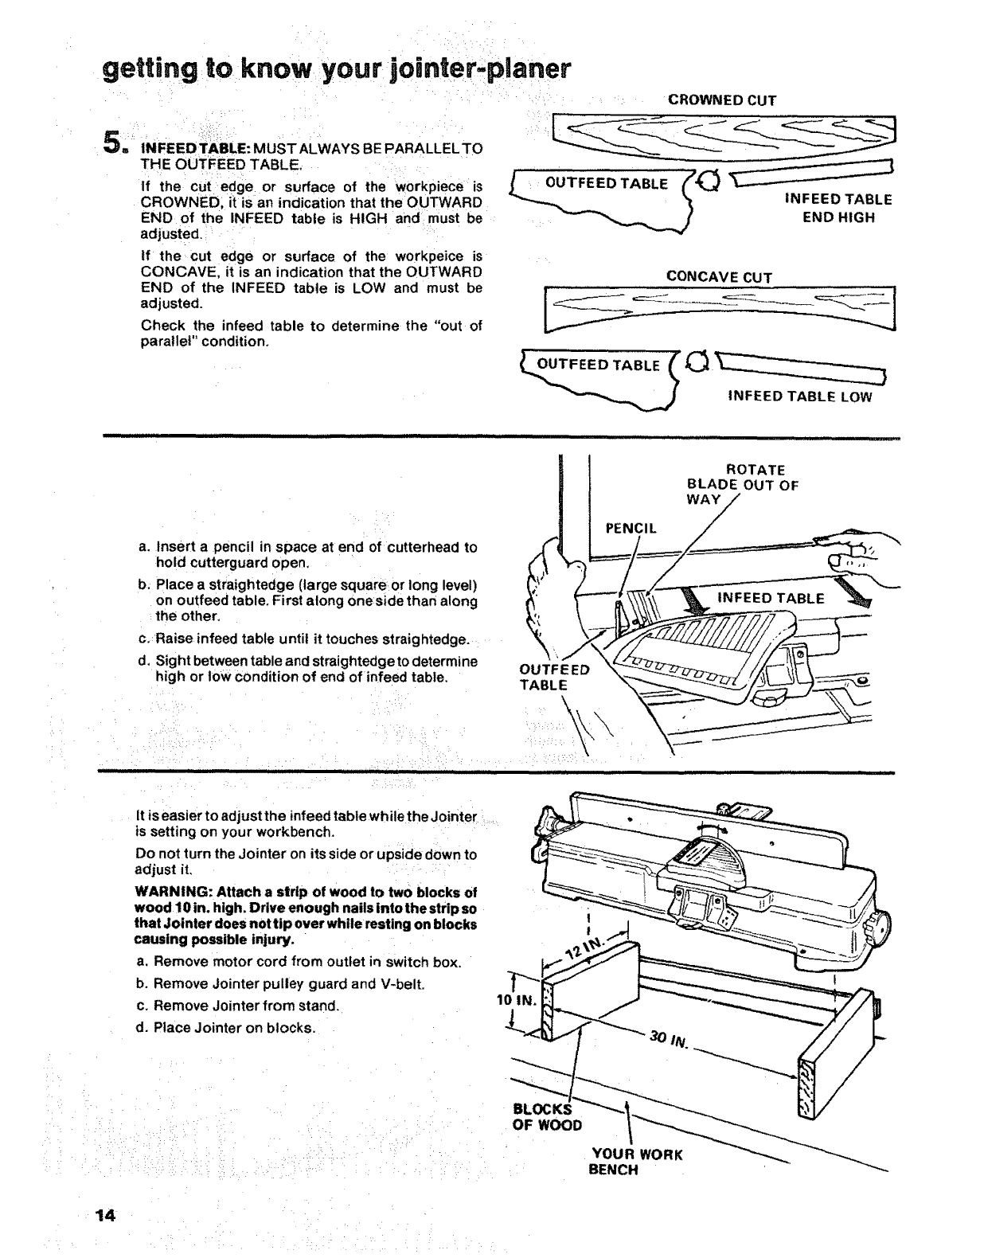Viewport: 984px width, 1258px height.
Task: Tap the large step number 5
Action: click(x=114, y=143)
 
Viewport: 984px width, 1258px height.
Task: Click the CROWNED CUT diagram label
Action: click(x=721, y=100)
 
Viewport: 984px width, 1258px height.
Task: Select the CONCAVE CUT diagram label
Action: click(x=719, y=277)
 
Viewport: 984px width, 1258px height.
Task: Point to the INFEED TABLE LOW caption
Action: click(x=799, y=397)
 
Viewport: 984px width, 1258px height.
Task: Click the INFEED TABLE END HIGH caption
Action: click(x=838, y=208)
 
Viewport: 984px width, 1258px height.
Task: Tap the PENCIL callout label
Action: click(x=631, y=528)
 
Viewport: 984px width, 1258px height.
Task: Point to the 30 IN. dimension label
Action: click(x=667, y=1038)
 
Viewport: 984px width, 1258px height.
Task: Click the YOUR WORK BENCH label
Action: click(x=636, y=1162)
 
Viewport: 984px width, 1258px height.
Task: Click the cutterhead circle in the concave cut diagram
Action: click(x=698, y=362)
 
